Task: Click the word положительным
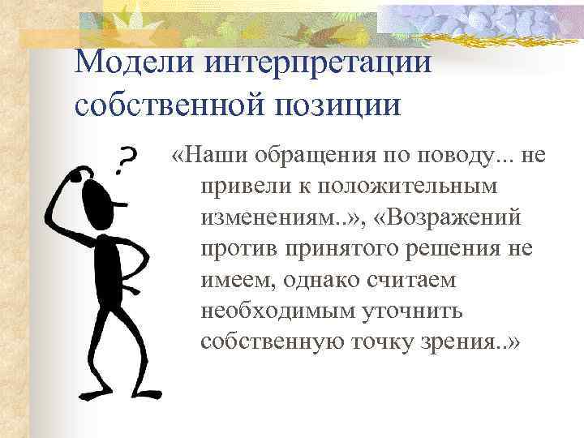(x=406, y=186)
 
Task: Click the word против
(x=239, y=249)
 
